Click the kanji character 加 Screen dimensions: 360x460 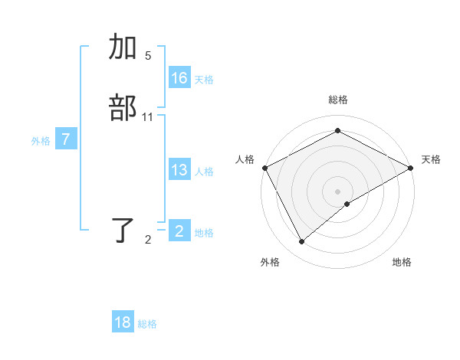(123, 47)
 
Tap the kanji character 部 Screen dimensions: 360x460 (123, 109)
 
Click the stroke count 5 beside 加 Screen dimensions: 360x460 (148, 55)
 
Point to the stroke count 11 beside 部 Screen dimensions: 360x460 (148, 116)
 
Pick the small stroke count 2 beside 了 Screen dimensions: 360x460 (148, 240)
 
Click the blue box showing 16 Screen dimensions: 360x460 (179, 78)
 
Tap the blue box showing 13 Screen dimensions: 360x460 (179, 170)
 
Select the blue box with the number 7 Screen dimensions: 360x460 (66, 139)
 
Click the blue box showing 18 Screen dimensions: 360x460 (123, 322)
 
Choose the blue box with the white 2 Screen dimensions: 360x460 (179, 231)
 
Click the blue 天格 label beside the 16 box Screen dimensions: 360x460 (204, 80)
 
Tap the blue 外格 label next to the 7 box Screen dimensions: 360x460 (41, 141)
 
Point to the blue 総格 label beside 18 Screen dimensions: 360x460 (147, 324)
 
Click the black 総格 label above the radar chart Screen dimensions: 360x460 (337, 100)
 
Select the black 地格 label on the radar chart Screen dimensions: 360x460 (402, 262)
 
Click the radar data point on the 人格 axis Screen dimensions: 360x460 (264, 167)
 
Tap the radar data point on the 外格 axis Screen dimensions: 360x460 (302, 241)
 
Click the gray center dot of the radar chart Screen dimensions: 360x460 (337, 191)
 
